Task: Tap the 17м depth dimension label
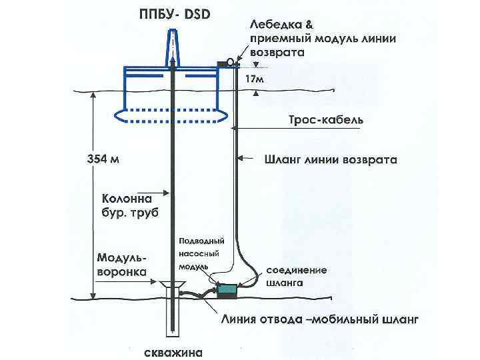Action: click(255, 79)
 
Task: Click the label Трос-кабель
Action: click(325, 120)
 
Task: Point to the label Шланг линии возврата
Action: click(331, 160)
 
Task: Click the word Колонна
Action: click(127, 198)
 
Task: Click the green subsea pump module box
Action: click(227, 290)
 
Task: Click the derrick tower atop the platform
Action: click(173, 47)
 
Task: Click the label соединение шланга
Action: click(297, 276)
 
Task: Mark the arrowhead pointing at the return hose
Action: click(241, 159)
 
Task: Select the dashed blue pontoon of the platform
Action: click(173, 115)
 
